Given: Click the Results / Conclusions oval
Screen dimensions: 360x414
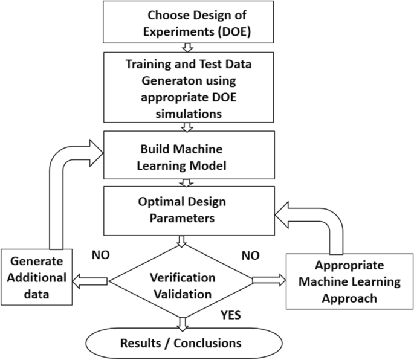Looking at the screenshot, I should pyautogui.click(x=181, y=343).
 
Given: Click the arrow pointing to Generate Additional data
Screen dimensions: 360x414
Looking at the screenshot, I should pyautogui.click(x=91, y=280).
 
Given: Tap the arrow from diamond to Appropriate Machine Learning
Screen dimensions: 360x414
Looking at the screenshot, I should pyautogui.click(x=268, y=280).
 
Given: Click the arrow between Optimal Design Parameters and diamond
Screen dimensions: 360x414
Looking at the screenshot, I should pyautogui.click(x=182, y=241).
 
